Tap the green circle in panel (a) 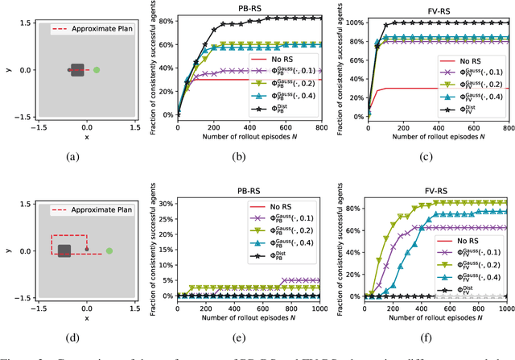pos(97,70)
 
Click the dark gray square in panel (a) pos(78,71)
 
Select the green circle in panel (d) pos(109,250)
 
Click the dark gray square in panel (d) pos(65,250)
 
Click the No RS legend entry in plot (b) pos(305,60)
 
